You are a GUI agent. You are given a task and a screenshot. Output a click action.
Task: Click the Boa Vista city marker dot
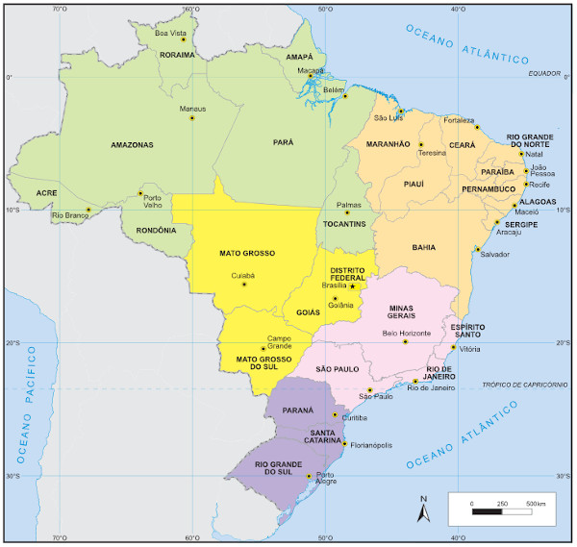pyautogui.click(x=183, y=39)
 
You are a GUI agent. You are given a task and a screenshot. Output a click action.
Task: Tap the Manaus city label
pyautogui.click(x=193, y=109)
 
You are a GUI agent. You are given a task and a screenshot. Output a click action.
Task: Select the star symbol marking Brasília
pyautogui.click(x=353, y=286)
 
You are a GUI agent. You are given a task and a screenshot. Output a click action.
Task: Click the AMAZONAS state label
pyautogui.click(x=132, y=145)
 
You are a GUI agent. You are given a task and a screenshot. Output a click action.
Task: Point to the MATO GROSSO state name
pyautogui.click(x=247, y=254)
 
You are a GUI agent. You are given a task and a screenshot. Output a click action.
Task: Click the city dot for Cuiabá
pyautogui.click(x=244, y=285)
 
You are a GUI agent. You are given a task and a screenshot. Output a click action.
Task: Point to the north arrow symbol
pyautogui.click(x=422, y=511)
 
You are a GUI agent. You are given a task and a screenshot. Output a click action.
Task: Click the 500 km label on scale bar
pyautogui.click(x=535, y=503)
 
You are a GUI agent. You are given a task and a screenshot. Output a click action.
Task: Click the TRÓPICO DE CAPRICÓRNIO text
pyautogui.click(x=523, y=385)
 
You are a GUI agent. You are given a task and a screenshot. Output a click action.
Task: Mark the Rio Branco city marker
pyautogui.click(x=88, y=210)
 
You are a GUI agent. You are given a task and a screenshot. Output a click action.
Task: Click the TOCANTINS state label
pyautogui.click(x=344, y=224)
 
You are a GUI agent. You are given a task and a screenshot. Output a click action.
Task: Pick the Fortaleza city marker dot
pyautogui.click(x=477, y=128)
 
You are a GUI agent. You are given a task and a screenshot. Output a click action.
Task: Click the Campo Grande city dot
pyautogui.click(x=263, y=349)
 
